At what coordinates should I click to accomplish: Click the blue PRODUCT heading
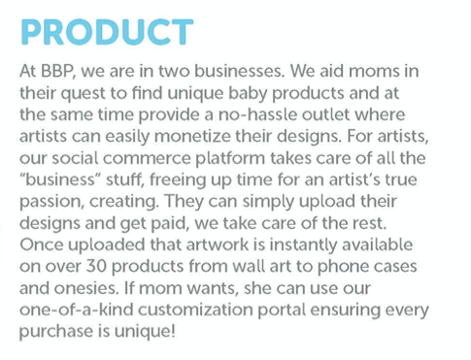tap(107, 32)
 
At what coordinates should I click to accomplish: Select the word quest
tap(83, 94)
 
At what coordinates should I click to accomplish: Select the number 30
tap(96, 266)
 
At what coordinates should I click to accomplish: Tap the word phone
tap(343, 267)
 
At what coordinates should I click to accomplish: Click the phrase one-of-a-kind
tap(77, 310)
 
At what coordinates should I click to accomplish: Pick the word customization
tap(195, 310)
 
